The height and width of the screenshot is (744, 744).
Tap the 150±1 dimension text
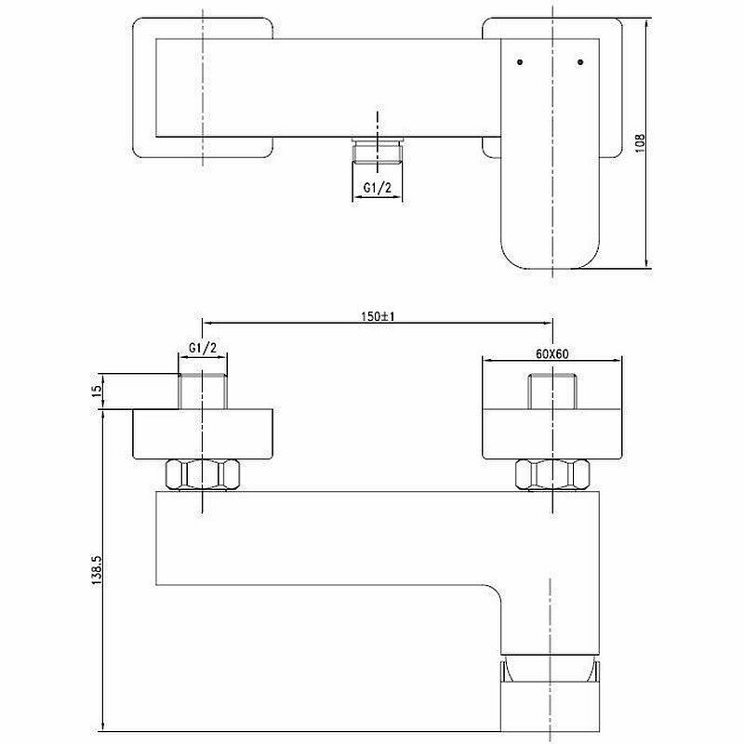click(x=377, y=316)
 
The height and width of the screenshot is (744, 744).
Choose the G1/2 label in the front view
click(x=202, y=348)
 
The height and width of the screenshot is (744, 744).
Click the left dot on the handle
click(x=519, y=63)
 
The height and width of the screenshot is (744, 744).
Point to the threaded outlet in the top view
click(x=377, y=153)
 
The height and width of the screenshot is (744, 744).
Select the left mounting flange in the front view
click(x=202, y=434)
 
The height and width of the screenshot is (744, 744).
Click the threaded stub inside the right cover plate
click(x=552, y=389)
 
